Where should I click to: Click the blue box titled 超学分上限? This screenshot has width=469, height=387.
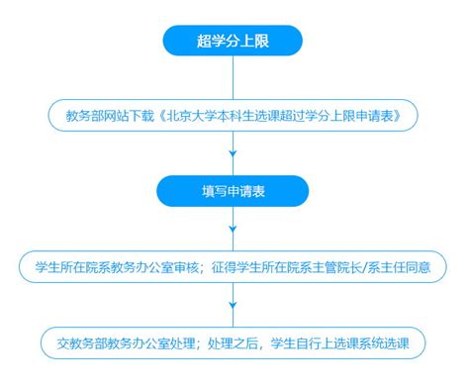(x=233, y=41)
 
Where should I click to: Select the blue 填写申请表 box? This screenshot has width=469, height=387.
(x=233, y=191)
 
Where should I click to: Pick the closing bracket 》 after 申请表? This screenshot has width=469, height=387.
(x=398, y=116)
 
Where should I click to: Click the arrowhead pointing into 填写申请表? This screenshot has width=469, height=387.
(x=233, y=153)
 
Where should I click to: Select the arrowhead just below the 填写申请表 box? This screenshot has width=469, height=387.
(x=233, y=229)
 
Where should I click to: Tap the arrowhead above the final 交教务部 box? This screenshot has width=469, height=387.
(x=233, y=305)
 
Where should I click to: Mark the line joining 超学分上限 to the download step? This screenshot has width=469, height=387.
(x=233, y=77)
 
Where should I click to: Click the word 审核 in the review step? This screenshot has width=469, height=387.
(x=186, y=267)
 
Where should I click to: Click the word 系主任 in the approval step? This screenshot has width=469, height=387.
(x=386, y=267)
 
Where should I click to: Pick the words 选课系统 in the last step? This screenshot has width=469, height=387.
(x=359, y=343)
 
